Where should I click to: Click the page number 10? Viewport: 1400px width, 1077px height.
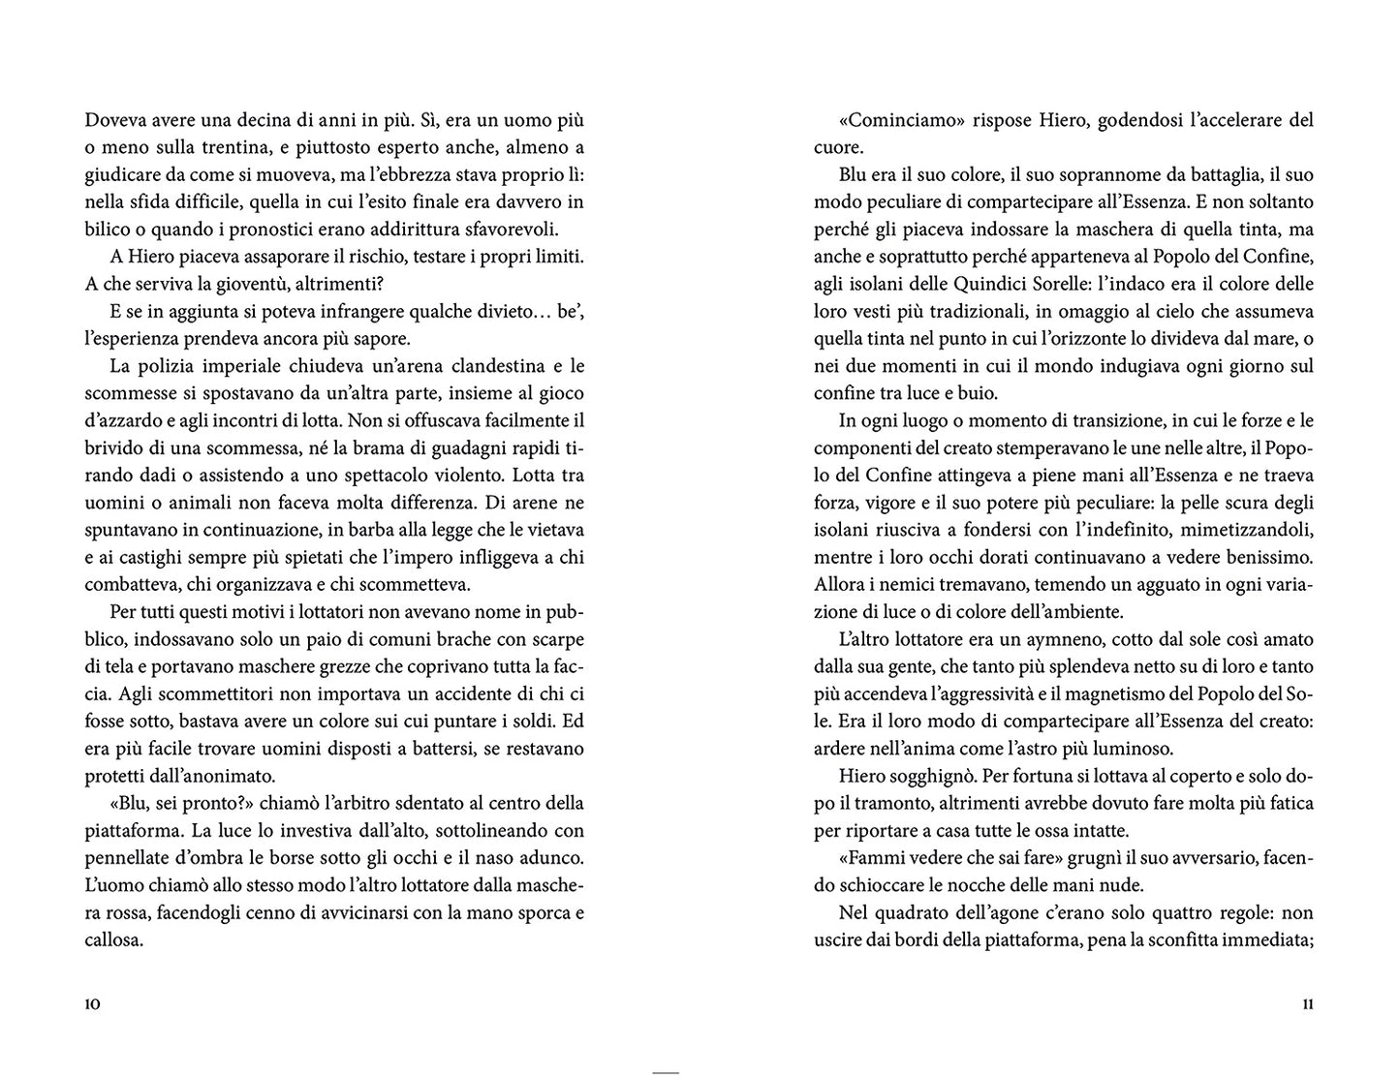click(x=93, y=1004)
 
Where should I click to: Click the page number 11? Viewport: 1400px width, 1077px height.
click(x=1307, y=1004)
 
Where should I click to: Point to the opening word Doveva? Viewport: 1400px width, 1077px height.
click(x=114, y=121)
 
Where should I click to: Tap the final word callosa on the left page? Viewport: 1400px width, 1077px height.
click(x=114, y=939)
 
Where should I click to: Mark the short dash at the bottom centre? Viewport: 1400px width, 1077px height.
click(x=667, y=1072)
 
